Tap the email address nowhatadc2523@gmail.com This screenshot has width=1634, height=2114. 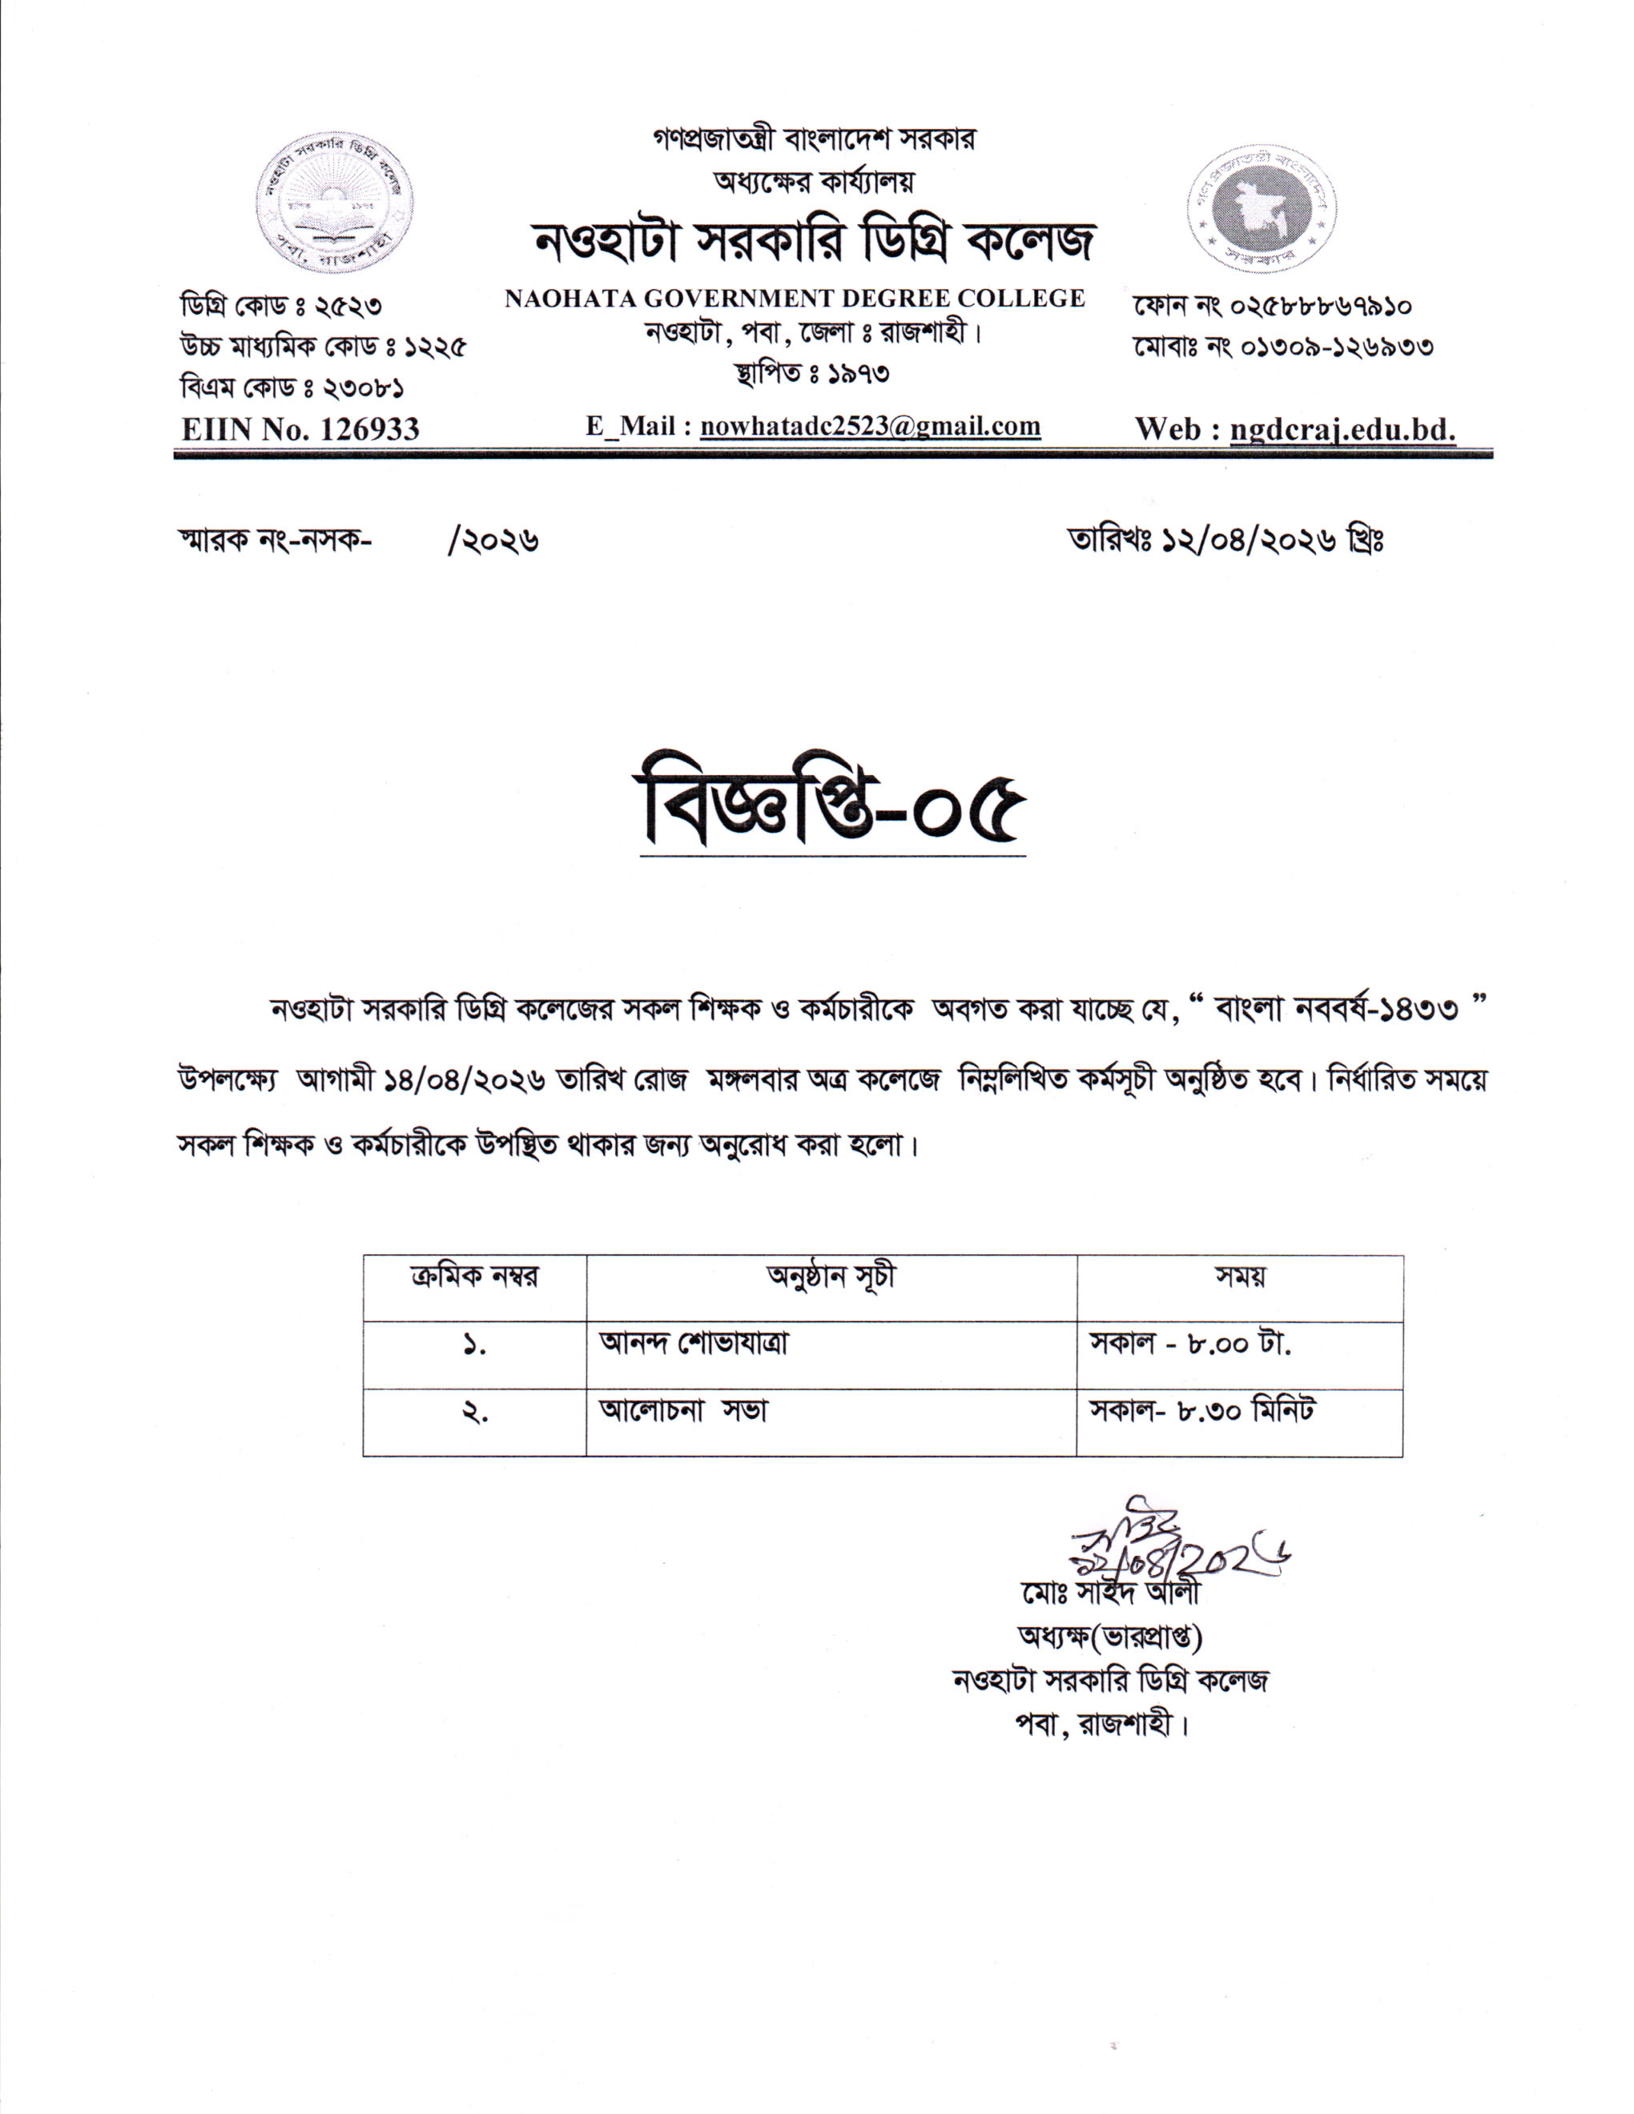click(x=869, y=427)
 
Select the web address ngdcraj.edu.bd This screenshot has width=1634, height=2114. click(x=1342, y=428)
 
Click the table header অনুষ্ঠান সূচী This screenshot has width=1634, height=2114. click(x=831, y=1276)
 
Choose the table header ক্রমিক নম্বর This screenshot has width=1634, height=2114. click(x=474, y=1276)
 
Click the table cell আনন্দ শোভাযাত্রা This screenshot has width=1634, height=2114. click(x=693, y=1344)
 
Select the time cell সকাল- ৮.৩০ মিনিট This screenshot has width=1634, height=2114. click(x=1201, y=1410)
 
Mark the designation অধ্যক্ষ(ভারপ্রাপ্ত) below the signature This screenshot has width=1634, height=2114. click(x=1109, y=1637)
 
